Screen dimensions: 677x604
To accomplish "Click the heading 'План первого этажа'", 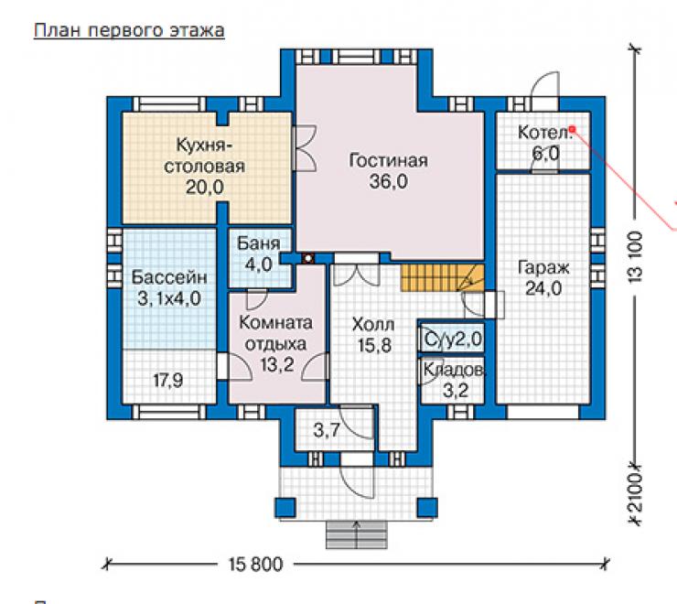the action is tap(129, 31).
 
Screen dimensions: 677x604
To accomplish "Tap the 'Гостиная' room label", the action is tap(388, 160).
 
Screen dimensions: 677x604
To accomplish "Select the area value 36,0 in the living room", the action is tap(388, 181).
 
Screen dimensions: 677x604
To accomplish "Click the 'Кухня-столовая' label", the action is tap(204, 156).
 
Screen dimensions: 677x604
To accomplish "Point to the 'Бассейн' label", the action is tap(169, 277).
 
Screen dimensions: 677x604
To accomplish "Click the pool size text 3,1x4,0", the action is tap(169, 298).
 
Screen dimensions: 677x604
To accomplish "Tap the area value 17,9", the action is tap(168, 381).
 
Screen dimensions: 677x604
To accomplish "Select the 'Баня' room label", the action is tap(258, 243).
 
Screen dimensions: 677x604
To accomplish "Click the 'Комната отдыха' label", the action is tap(276, 333).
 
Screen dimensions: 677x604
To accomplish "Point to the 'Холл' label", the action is tap(373, 324).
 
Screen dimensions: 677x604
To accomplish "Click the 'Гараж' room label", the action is tap(543, 268).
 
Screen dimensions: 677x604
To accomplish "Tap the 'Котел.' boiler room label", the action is tap(545, 132).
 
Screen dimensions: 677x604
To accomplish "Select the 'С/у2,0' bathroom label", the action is tap(453, 340).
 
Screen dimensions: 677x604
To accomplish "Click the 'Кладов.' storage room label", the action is tap(455, 370).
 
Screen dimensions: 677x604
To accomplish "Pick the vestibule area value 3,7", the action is tap(327, 430).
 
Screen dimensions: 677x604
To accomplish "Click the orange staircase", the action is tap(443, 278).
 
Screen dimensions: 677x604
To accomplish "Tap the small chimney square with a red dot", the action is tap(308, 258).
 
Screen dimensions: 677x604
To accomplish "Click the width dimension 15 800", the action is tap(255, 565).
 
